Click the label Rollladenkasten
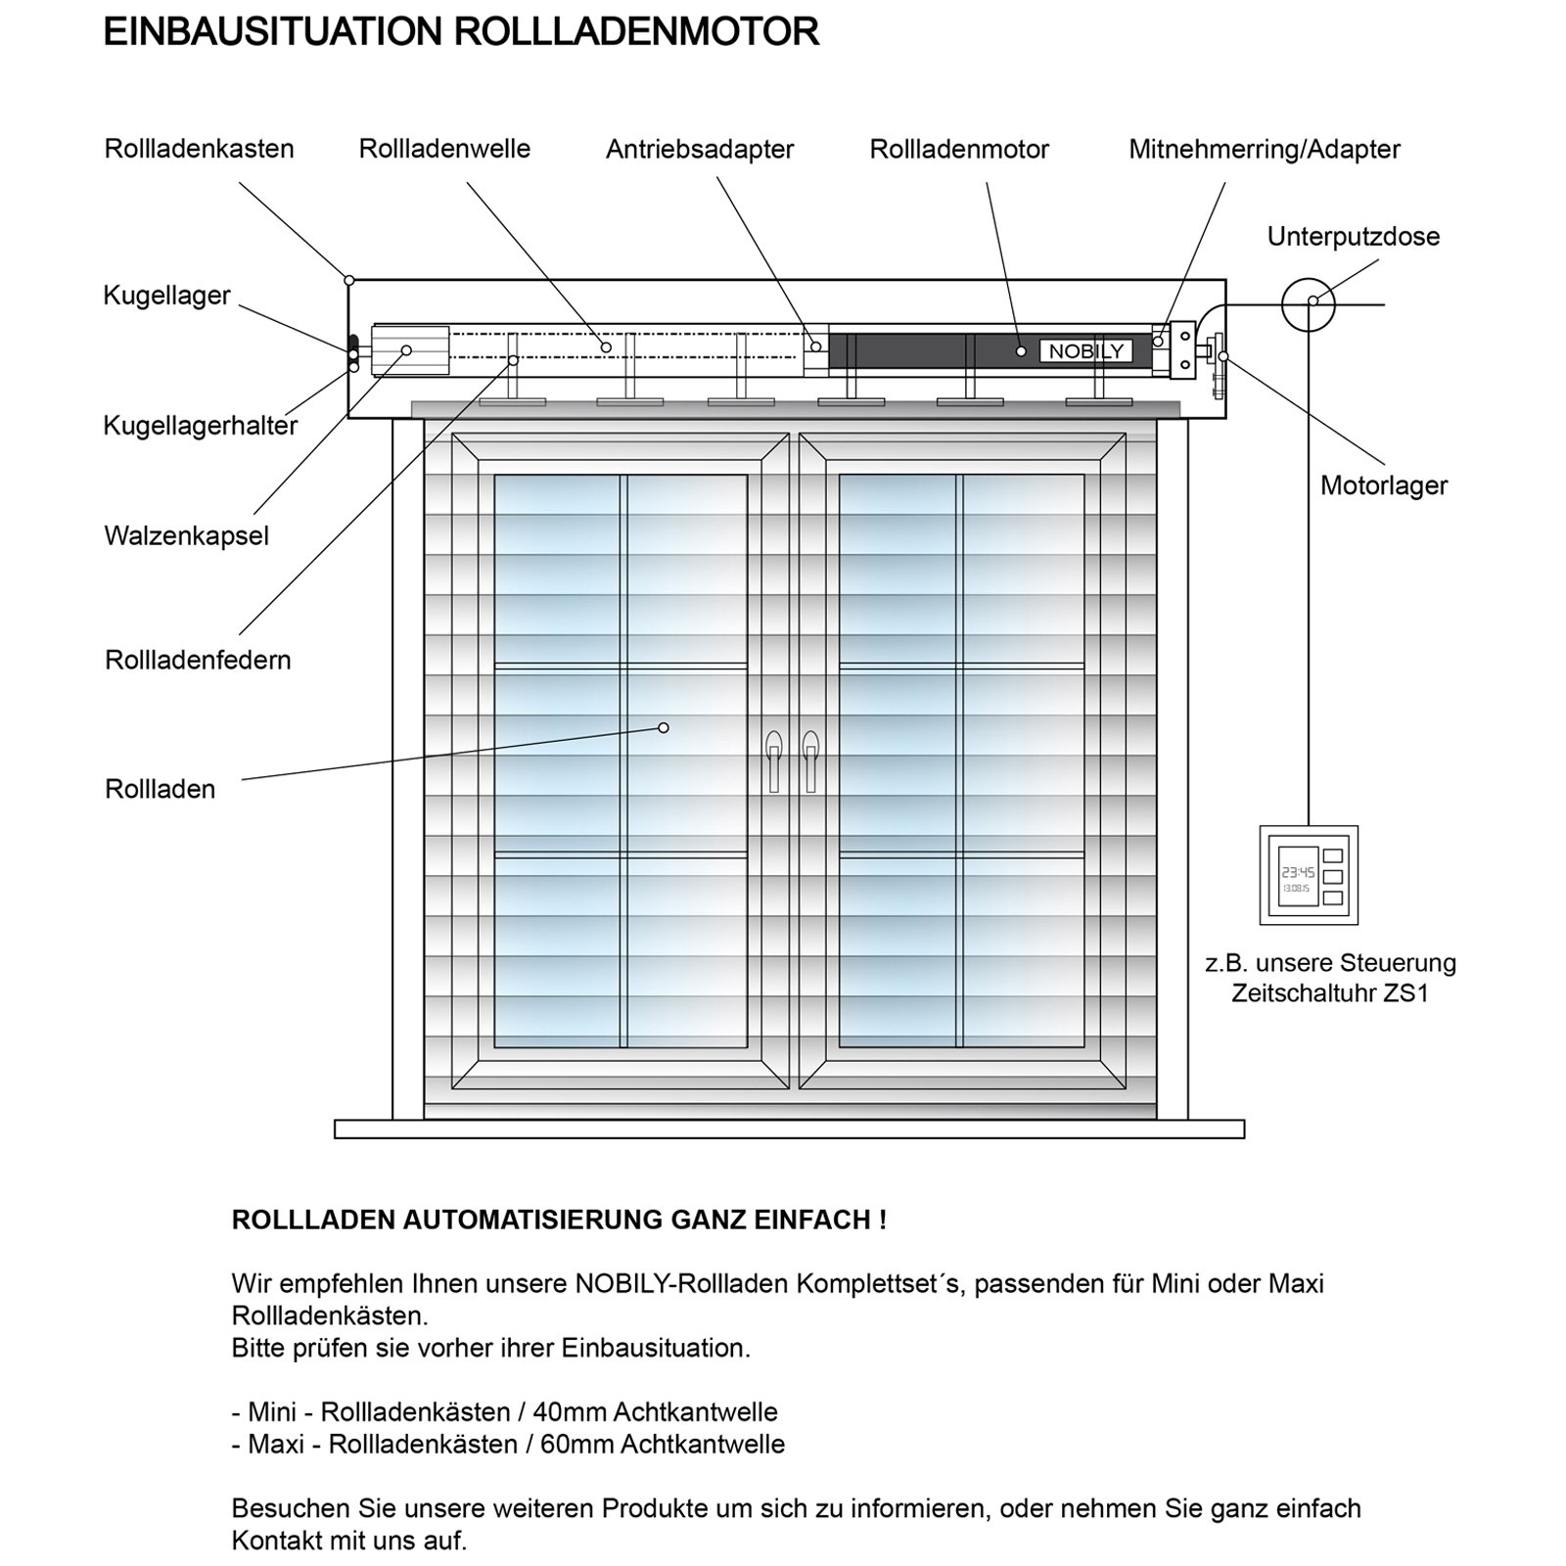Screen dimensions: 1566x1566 199,149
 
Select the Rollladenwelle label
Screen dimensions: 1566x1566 444,149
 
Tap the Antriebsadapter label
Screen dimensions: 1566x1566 699,150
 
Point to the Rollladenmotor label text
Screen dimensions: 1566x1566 959,150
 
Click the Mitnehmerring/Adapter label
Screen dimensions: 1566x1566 1264,150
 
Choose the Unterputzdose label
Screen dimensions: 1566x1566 1353,237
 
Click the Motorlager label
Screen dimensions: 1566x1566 1383,485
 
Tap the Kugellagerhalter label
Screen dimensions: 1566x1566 200,426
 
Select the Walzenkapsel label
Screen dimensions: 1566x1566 186,536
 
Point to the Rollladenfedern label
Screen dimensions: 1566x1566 198,660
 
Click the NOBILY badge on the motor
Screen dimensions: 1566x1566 1085,351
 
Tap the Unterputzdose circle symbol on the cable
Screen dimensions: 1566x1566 1309,304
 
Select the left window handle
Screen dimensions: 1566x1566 774,760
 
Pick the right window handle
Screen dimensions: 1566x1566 809,760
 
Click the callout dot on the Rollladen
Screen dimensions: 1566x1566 664,727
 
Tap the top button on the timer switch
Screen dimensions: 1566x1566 1332,855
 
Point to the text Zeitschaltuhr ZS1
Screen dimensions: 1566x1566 1329,993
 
